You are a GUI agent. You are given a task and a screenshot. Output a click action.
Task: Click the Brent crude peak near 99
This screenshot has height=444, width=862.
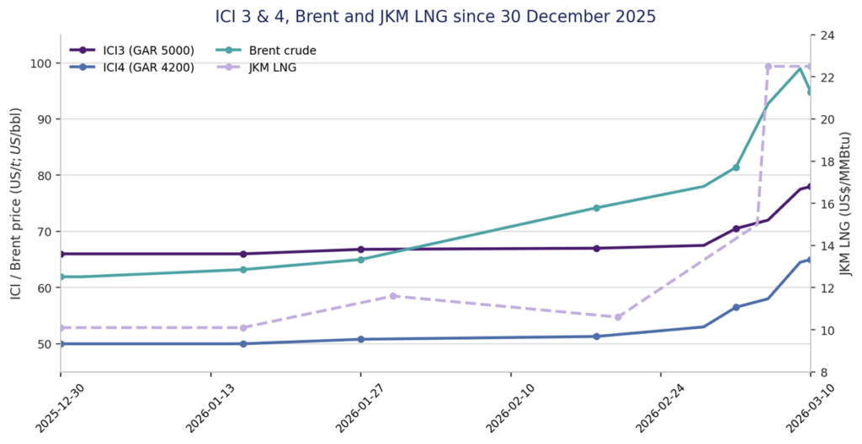[800, 68]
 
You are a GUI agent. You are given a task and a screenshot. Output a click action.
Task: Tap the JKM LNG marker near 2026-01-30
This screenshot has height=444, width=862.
[392, 296]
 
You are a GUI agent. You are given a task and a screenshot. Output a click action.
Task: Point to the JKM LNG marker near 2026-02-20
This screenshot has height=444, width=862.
[617, 317]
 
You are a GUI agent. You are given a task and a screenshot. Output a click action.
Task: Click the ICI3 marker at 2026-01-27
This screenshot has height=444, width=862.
[360, 250]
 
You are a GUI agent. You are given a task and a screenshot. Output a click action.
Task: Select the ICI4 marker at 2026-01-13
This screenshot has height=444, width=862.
[243, 344]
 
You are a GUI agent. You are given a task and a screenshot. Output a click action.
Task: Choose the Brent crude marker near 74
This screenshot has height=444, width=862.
[596, 208]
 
